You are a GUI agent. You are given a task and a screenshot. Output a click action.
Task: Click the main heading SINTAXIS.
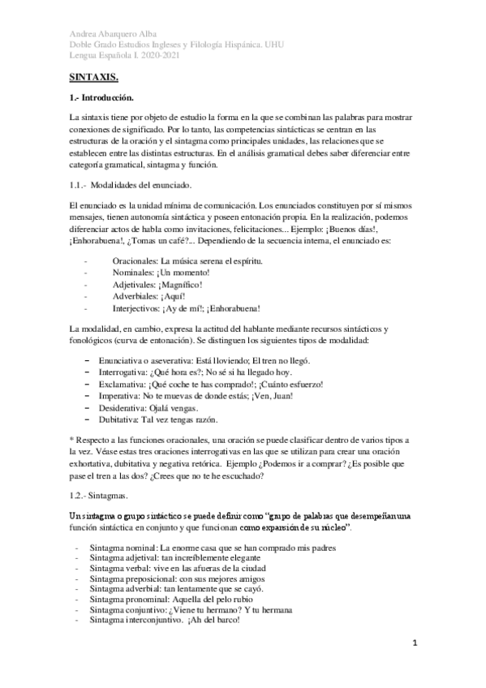(x=93, y=77)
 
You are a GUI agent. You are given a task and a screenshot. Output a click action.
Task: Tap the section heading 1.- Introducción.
(x=101, y=97)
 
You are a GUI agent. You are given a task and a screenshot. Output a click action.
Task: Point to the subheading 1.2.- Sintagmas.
(x=98, y=492)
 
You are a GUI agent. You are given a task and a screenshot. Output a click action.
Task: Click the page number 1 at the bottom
(x=414, y=643)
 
